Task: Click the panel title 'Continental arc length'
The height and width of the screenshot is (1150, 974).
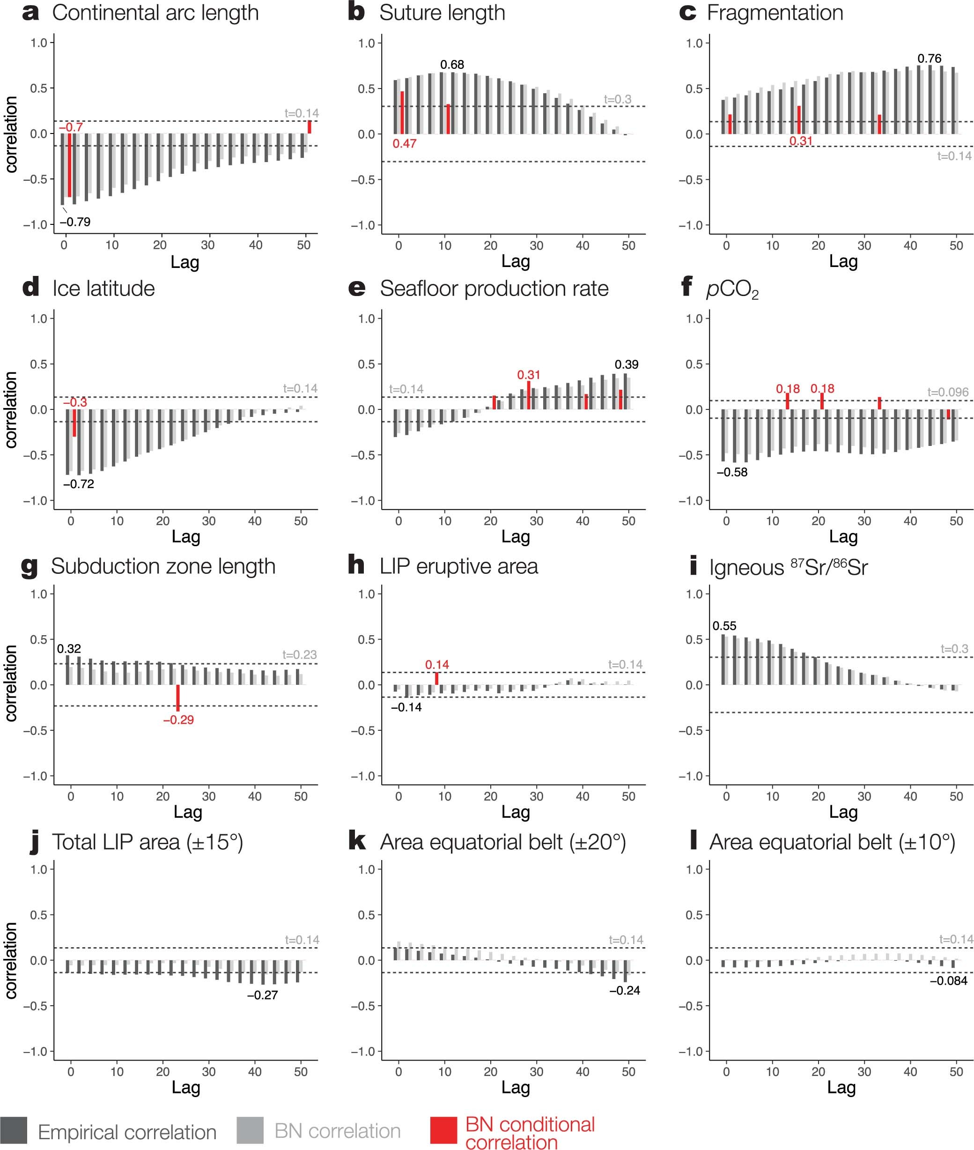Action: click(x=155, y=13)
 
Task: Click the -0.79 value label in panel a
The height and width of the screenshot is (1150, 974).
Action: click(x=75, y=222)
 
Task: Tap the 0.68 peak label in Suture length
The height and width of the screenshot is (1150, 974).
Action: click(x=452, y=65)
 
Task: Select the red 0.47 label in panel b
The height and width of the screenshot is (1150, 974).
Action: click(x=404, y=144)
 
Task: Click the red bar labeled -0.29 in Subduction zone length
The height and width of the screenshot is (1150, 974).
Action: click(x=178, y=697)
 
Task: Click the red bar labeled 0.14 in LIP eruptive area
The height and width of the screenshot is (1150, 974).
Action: click(x=437, y=678)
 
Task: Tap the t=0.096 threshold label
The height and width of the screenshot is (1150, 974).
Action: click(x=947, y=392)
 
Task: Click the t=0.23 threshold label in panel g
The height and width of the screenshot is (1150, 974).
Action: click(x=299, y=654)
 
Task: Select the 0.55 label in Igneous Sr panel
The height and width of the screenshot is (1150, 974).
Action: click(x=724, y=626)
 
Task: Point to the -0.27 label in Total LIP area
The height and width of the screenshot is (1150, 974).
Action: click(x=262, y=995)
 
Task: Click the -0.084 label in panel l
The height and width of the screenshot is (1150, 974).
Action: click(x=948, y=981)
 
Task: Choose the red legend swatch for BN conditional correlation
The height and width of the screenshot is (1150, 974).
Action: click(x=443, y=1130)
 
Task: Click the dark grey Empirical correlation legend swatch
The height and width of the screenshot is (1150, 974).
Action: click(x=14, y=1130)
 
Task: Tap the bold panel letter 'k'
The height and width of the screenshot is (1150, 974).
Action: click(x=357, y=842)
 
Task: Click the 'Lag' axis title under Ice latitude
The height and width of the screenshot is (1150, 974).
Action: click(x=185, y=536)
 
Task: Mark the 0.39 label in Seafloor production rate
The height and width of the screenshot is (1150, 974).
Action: click(x=626, y=364)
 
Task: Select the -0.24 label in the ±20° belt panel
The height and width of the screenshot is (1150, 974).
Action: click(x=625, y=990)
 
